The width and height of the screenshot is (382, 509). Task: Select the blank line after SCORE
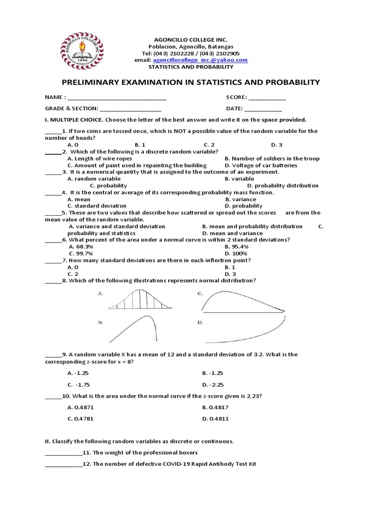(x=267, y=98)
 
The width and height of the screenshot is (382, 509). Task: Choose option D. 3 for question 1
(x=277, y=145)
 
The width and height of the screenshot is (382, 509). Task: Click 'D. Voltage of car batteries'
(x=261, y=166)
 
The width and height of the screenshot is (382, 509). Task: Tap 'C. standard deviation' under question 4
(x=97, y=205)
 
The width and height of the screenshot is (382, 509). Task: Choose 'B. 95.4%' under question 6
(x=237, y=246)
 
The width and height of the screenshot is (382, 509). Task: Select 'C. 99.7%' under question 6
(x=82, y=253)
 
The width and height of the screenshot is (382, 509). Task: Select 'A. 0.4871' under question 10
(x=81, y=407)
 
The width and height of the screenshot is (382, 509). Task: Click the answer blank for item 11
(x=63, y=453)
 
